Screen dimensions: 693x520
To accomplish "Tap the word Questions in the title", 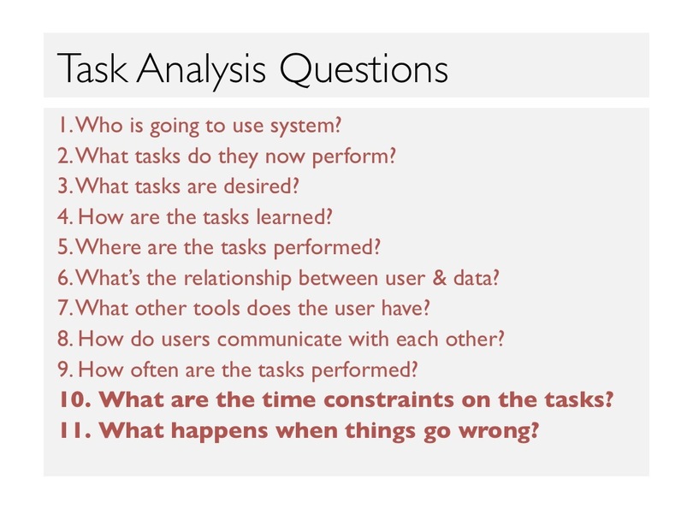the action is click(364, 69).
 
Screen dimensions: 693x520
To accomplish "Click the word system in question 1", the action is click(305, 127).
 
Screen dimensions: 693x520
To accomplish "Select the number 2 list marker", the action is click(65, 157).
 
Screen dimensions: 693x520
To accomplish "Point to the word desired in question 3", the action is click(261, 186).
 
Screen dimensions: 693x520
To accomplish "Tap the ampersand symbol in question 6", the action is click(439, 278).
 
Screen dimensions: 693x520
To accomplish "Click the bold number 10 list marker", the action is click(75, 399).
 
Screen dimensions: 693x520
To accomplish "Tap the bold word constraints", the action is click(389, 399).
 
